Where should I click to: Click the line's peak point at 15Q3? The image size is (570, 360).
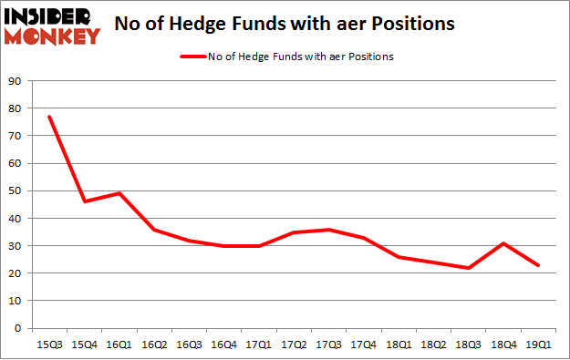tap(49, 117)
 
